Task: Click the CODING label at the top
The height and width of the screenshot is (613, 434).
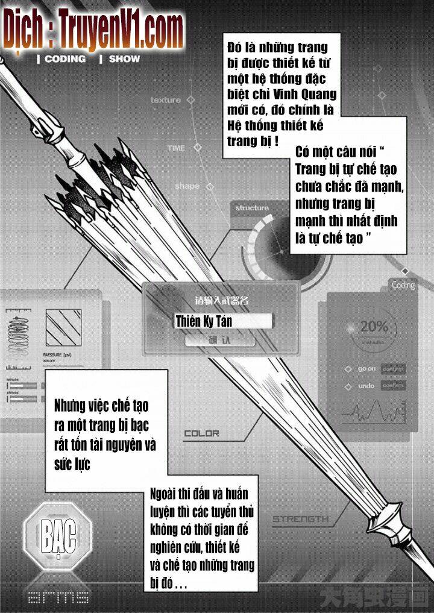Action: [x=64, y=59]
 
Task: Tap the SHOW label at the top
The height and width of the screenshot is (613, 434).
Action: [x=124, y=59]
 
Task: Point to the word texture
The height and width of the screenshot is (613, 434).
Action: [x=165, y=100]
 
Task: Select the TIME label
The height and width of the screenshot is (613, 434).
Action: [x=176, y=148]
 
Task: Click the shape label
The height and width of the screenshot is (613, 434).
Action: [x=187, y=186]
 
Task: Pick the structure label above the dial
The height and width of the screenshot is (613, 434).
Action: [x=252, y=208]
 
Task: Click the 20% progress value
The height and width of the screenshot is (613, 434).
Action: [x=374, y=327]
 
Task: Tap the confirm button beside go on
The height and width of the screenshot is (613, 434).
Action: [x=393, y=369]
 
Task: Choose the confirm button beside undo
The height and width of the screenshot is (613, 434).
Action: [x=393, y=386]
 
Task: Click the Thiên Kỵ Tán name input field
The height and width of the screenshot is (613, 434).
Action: [x=222, y=321]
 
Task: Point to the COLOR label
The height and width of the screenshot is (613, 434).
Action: [x=201, y=433]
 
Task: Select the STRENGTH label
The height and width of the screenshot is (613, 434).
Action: [x=300, y=518]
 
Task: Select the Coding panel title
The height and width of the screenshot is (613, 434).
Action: [x=403, y=285]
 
